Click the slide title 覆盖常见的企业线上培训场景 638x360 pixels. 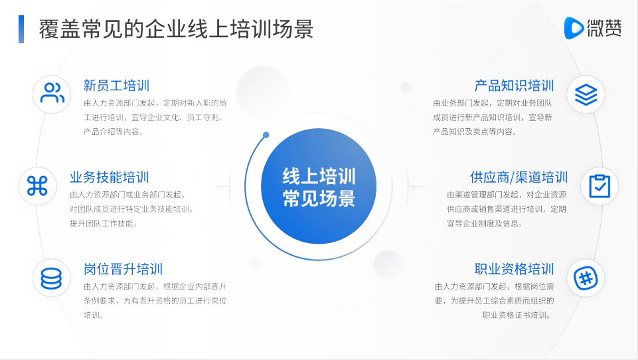[176, 29]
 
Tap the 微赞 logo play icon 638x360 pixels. [574, 28]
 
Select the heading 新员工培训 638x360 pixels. [116, 86]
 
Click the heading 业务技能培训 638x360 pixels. [110, 177]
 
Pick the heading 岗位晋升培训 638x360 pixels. [123, 269]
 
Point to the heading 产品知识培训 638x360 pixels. [514, 86]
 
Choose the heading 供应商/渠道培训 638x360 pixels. [518, 177]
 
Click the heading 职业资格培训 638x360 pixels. [514, 269]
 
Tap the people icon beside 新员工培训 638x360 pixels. [52, 94]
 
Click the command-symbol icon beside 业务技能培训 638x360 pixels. [37, 186]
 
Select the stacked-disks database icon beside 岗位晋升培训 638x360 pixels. [51, 278]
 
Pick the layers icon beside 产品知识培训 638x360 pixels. [586, 94]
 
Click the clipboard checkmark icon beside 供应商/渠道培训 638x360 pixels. [599, 186]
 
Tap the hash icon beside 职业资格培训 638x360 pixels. [586, 278]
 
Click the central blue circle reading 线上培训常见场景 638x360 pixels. [319, 186]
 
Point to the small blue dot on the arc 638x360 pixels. [266, 135]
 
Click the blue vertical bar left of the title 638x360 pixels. [21, 29]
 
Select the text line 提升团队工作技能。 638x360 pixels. [104, 223]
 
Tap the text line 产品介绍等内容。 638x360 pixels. [114, 132]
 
